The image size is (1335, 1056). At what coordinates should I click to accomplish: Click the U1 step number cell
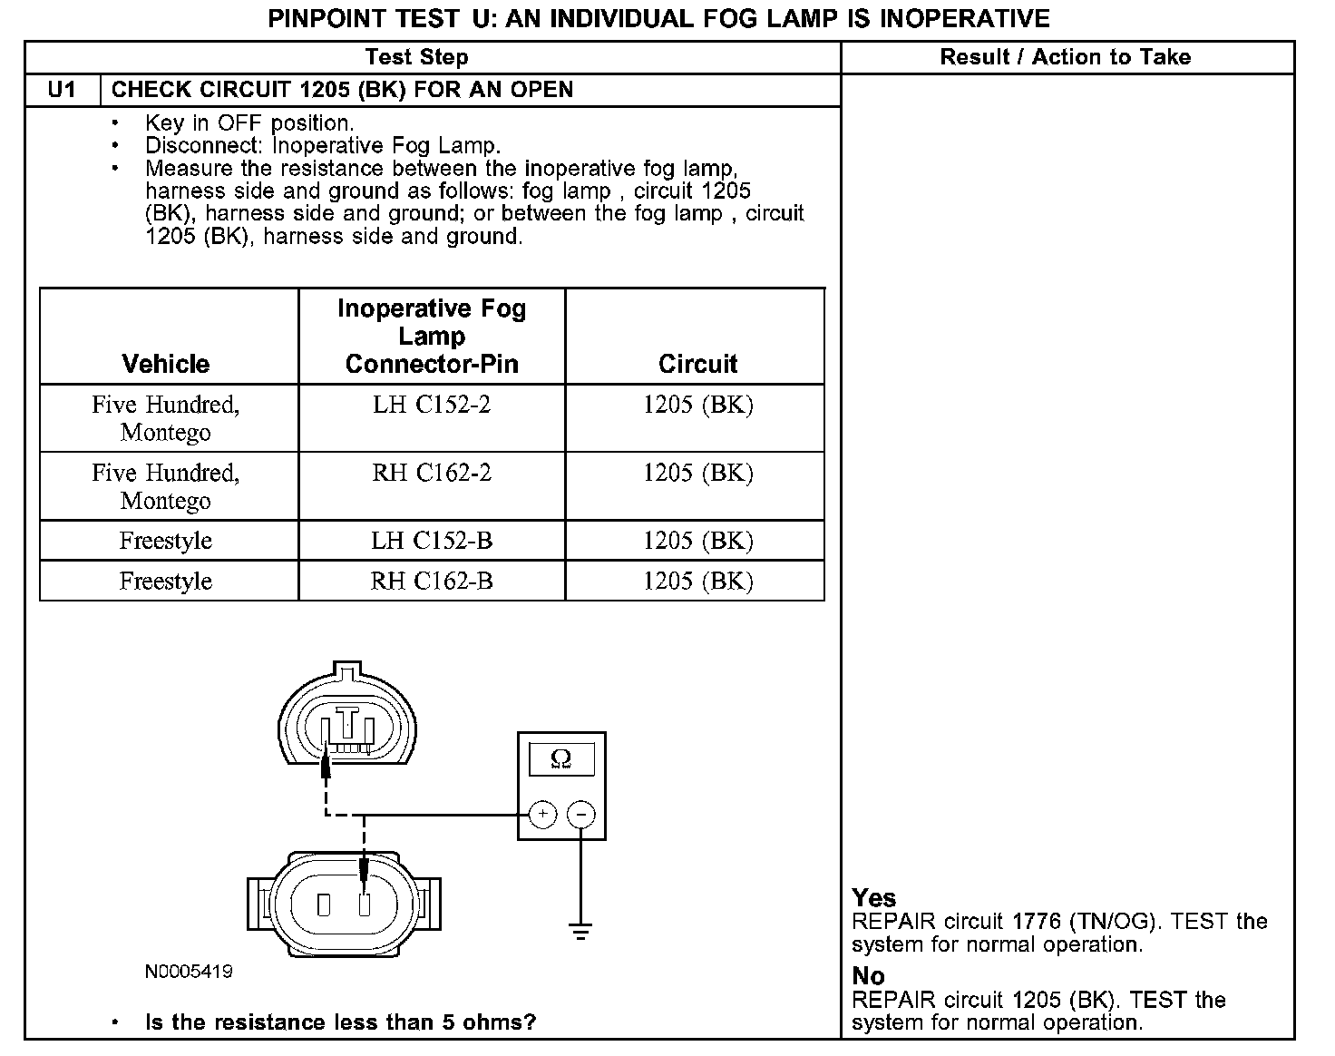point(62,90)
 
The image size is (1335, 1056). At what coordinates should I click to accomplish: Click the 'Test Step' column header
point(416,57)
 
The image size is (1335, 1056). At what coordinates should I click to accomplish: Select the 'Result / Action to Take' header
point(1065,57)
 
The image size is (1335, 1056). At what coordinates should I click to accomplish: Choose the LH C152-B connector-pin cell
point(432,541)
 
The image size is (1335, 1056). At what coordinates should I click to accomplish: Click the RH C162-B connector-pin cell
point(432,581)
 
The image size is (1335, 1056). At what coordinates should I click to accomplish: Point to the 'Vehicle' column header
point(166,364)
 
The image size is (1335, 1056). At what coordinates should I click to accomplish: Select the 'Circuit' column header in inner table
point(697,364)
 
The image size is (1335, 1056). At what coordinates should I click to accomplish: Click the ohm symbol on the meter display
point(561,759)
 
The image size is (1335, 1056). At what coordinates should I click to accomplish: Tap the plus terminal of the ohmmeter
point(542,814)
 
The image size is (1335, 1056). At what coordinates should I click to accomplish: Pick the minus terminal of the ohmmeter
point(581,814)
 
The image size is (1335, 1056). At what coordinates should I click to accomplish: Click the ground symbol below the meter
point(580,930)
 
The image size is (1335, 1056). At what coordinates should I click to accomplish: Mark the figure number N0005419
point(189,972)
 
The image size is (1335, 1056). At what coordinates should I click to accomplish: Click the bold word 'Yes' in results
point(874,898)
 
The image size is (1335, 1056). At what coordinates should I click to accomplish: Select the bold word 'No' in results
point(868,976)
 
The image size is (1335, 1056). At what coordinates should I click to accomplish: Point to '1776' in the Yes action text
point(1036,922)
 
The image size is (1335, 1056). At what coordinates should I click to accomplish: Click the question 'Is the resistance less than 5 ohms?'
point(340,1022)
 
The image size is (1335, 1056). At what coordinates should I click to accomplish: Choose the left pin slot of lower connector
point(324,904)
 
